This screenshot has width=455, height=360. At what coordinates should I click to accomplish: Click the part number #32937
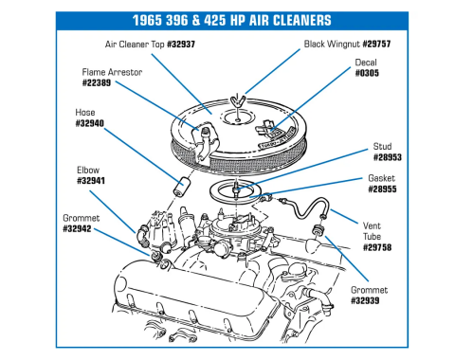181,45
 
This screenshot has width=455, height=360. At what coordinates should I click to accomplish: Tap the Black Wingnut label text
332,44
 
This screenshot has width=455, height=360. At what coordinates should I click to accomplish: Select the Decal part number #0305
367,73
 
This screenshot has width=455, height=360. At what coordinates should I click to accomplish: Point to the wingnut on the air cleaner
236,100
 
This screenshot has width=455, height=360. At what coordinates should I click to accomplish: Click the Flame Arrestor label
112,72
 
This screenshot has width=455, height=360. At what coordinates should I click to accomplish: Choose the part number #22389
97,83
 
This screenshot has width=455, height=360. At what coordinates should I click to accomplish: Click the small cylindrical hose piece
180,188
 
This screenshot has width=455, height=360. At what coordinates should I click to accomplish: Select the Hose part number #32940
90,123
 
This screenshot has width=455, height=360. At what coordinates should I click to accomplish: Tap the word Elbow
88,171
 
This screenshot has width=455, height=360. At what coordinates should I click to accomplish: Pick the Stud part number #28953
388,157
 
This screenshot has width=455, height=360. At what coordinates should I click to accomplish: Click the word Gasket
382,178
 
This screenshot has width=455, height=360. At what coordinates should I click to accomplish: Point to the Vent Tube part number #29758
377,247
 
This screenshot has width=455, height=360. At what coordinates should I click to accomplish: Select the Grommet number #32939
365,300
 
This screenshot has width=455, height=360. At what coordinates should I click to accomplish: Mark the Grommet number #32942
77,228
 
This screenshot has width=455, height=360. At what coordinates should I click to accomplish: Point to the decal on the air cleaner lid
274,131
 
